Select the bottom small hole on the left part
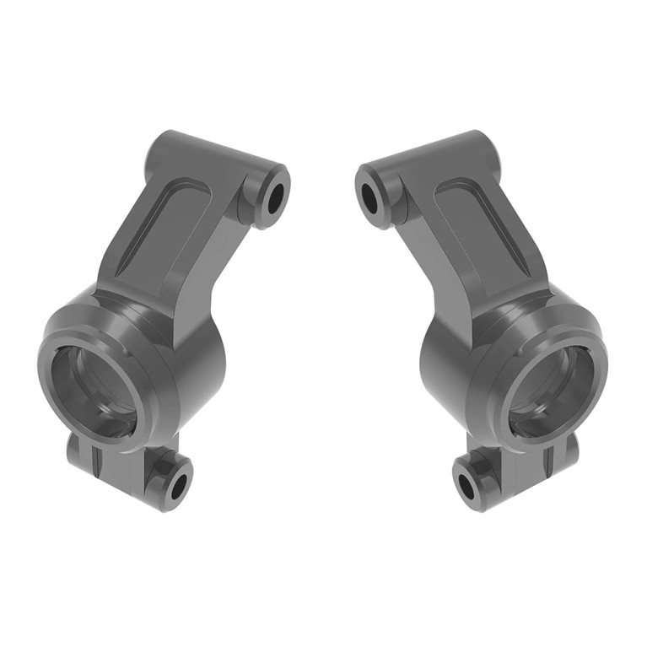point(178,486)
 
